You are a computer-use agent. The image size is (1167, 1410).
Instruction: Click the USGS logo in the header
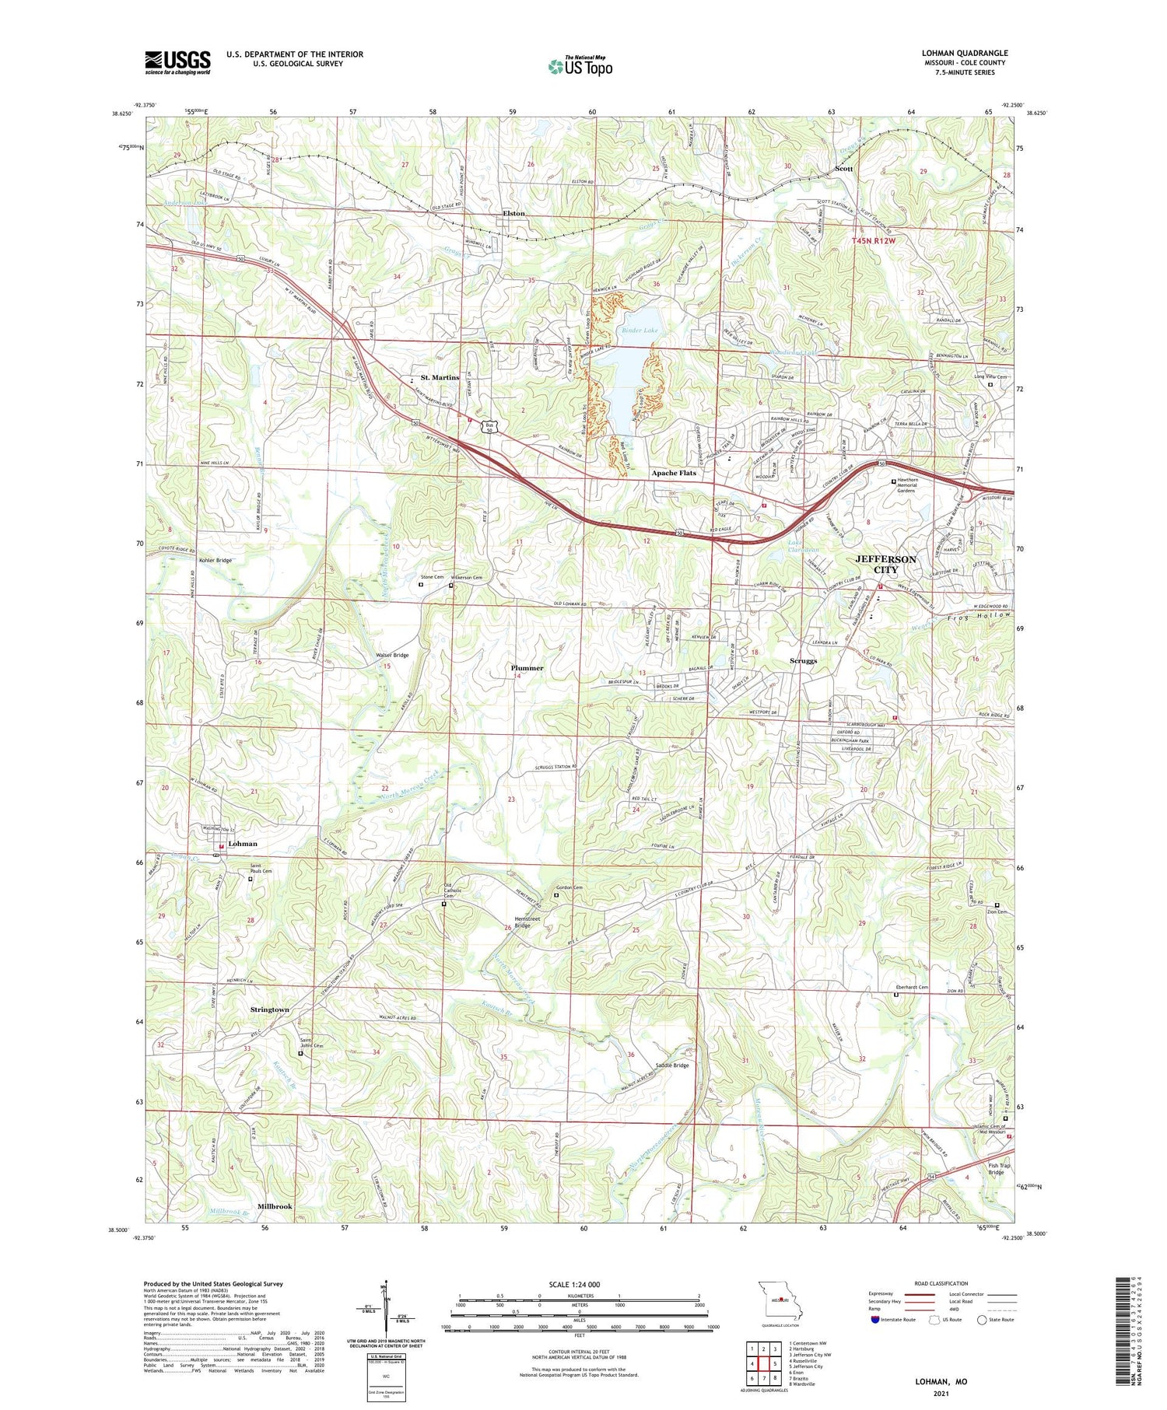point(177,62)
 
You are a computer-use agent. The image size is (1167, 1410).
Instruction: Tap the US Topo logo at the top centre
point(580,66)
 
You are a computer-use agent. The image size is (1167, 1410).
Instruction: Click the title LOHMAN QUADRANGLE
point(964,53)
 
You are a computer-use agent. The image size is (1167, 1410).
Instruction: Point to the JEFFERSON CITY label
point(885,564)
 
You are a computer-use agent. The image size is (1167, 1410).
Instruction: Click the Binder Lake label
point(640,331)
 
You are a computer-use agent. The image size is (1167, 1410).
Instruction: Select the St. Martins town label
point(440,377)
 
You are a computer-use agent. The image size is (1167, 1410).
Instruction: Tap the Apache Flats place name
point(674,473)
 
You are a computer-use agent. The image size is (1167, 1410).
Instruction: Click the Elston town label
point(513,213)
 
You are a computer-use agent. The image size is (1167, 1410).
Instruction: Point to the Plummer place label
point(527,667)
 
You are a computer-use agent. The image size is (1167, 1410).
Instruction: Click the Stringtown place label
point(270,1009)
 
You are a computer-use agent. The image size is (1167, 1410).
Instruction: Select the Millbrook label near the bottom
point(275,1206)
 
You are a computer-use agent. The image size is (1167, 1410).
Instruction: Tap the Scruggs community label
point(803,660)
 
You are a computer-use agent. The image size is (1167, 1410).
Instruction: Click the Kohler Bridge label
point(216,560)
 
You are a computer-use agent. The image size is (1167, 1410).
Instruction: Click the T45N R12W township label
point(874,241)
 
